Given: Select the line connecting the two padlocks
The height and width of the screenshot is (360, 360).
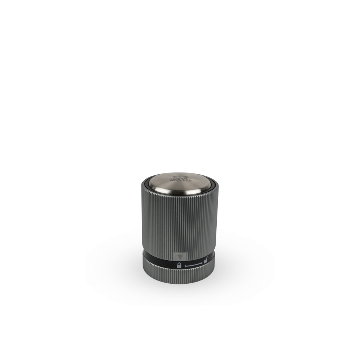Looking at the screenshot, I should click(x=194, y=266).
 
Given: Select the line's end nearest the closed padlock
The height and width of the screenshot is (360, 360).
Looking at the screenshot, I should click(x=186, y=266).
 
